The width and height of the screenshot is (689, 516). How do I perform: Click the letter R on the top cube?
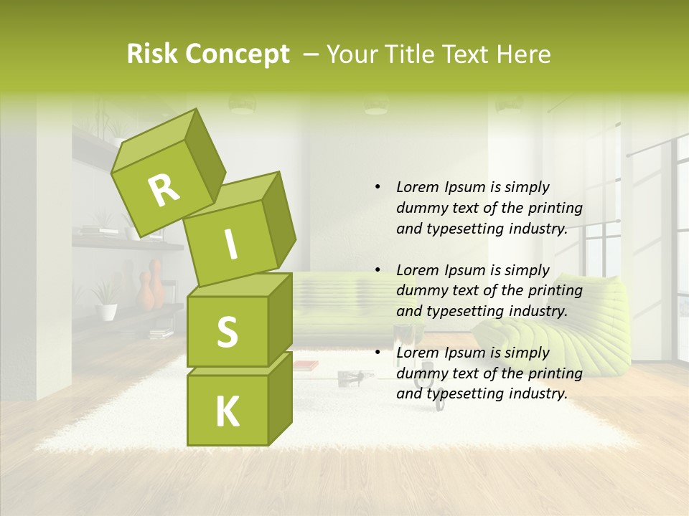[x=164, y=190]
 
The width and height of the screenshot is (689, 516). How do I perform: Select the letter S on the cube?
[x=227, y=331]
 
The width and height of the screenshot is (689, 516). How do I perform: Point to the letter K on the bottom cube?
[x=227, y=412]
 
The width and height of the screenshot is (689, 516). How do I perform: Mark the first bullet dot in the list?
[x=378, y=187]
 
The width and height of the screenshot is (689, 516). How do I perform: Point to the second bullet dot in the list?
[x=378, y=270]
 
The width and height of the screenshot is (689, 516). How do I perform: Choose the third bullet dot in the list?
[x=378, y=353]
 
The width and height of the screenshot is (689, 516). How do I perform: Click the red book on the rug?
[x=306, y=365]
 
